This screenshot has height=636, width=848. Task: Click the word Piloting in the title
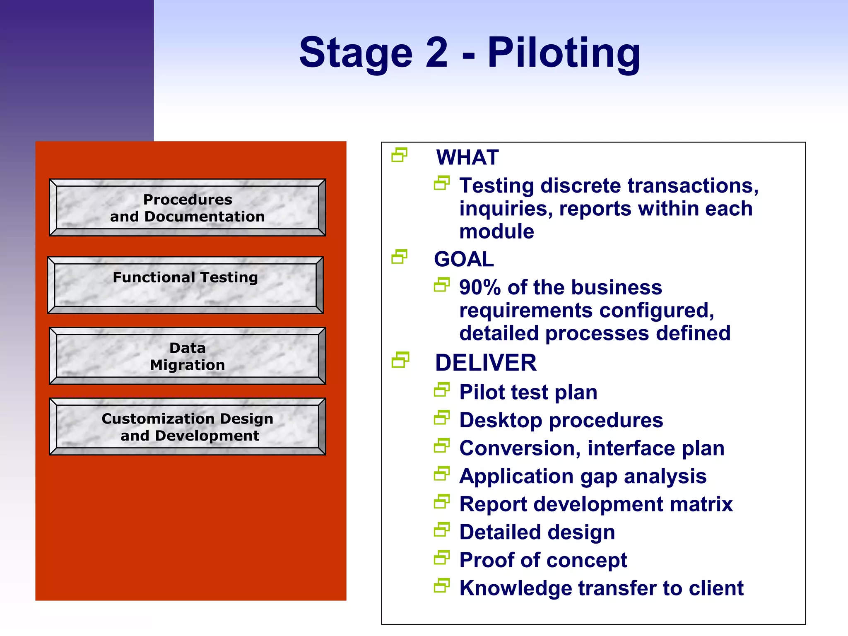[x=564, y=53]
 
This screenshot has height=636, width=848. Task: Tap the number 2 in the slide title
[x=436, y=53]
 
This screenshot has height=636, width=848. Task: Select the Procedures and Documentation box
[x=187, y=207]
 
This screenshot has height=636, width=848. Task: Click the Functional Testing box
[x=185, y=285]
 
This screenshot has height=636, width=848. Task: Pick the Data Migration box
[x=187, y=356]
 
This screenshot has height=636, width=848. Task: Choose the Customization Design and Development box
[x=187, y=426]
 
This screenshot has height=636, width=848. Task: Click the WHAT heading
[x=467, y=157]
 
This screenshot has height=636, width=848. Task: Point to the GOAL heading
[x=464, y=259]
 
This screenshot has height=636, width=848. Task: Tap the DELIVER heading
[x=485, y=363]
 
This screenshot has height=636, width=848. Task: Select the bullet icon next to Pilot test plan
[x=441, y=390]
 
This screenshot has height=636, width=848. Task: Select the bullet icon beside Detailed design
[x=441, y=530]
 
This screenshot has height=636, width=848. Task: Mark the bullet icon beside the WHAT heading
[x=399, y=155]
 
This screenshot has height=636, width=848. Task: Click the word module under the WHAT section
[x=496, y=231]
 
